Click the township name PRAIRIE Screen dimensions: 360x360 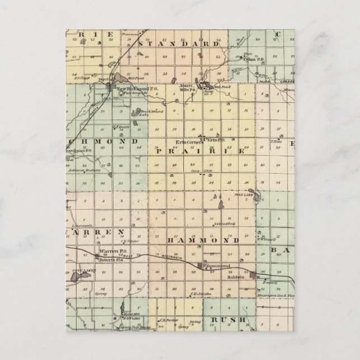pos(200,151)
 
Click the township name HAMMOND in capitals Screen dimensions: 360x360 pos(203,240)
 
